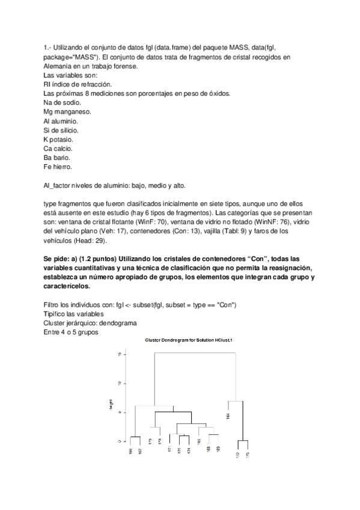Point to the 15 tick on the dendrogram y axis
(x=120, y=354)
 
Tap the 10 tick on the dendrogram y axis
(x=120, y=383)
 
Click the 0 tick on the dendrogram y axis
(x=120, y=441)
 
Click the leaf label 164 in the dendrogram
(x=228, y=415)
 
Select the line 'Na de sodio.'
(x=63, y=102)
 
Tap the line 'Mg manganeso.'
(x=67, y=111)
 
